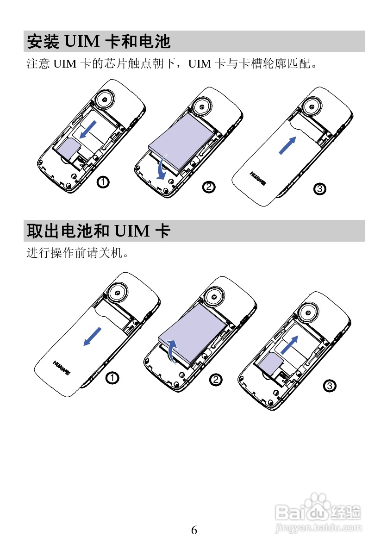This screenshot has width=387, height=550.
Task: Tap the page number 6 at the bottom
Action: (x=194, y=530)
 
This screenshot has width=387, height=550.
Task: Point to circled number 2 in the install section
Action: (x=209, y=187)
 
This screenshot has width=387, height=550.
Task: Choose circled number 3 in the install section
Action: (x=319, y=188)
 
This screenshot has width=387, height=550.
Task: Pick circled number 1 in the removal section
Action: (x=111, y=378)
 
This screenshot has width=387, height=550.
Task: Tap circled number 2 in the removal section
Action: (x=216, y=380)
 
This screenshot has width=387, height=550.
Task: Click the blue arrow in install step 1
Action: (x=88, y=129)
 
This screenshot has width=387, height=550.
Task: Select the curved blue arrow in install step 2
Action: (x=162, y=169)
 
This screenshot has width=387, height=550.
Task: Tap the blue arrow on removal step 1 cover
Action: (x=93, y=336)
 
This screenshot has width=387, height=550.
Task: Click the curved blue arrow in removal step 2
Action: (x=172, y=350)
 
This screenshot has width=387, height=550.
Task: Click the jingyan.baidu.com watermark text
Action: (x=318, y=527)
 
